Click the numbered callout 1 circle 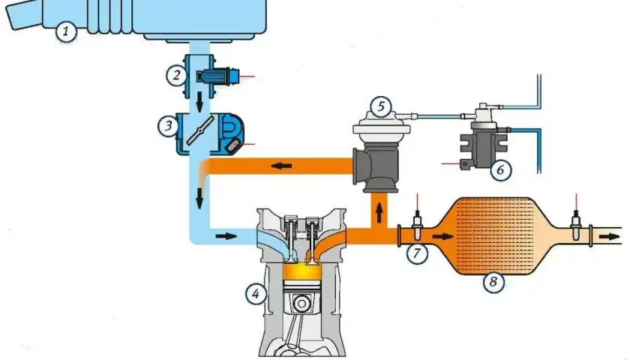click(x=66, y=31)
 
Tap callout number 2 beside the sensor click(x=176, y=75)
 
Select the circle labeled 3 click(x=168, y=126)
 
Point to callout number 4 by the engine click(x=256, y=294)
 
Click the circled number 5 click(x=381, y=106)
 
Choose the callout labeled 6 click(x=501, y=170)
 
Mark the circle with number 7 click(x=417, y=253)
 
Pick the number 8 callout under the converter click(x=493, y=282)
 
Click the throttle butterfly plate click(x=199, y=130)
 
